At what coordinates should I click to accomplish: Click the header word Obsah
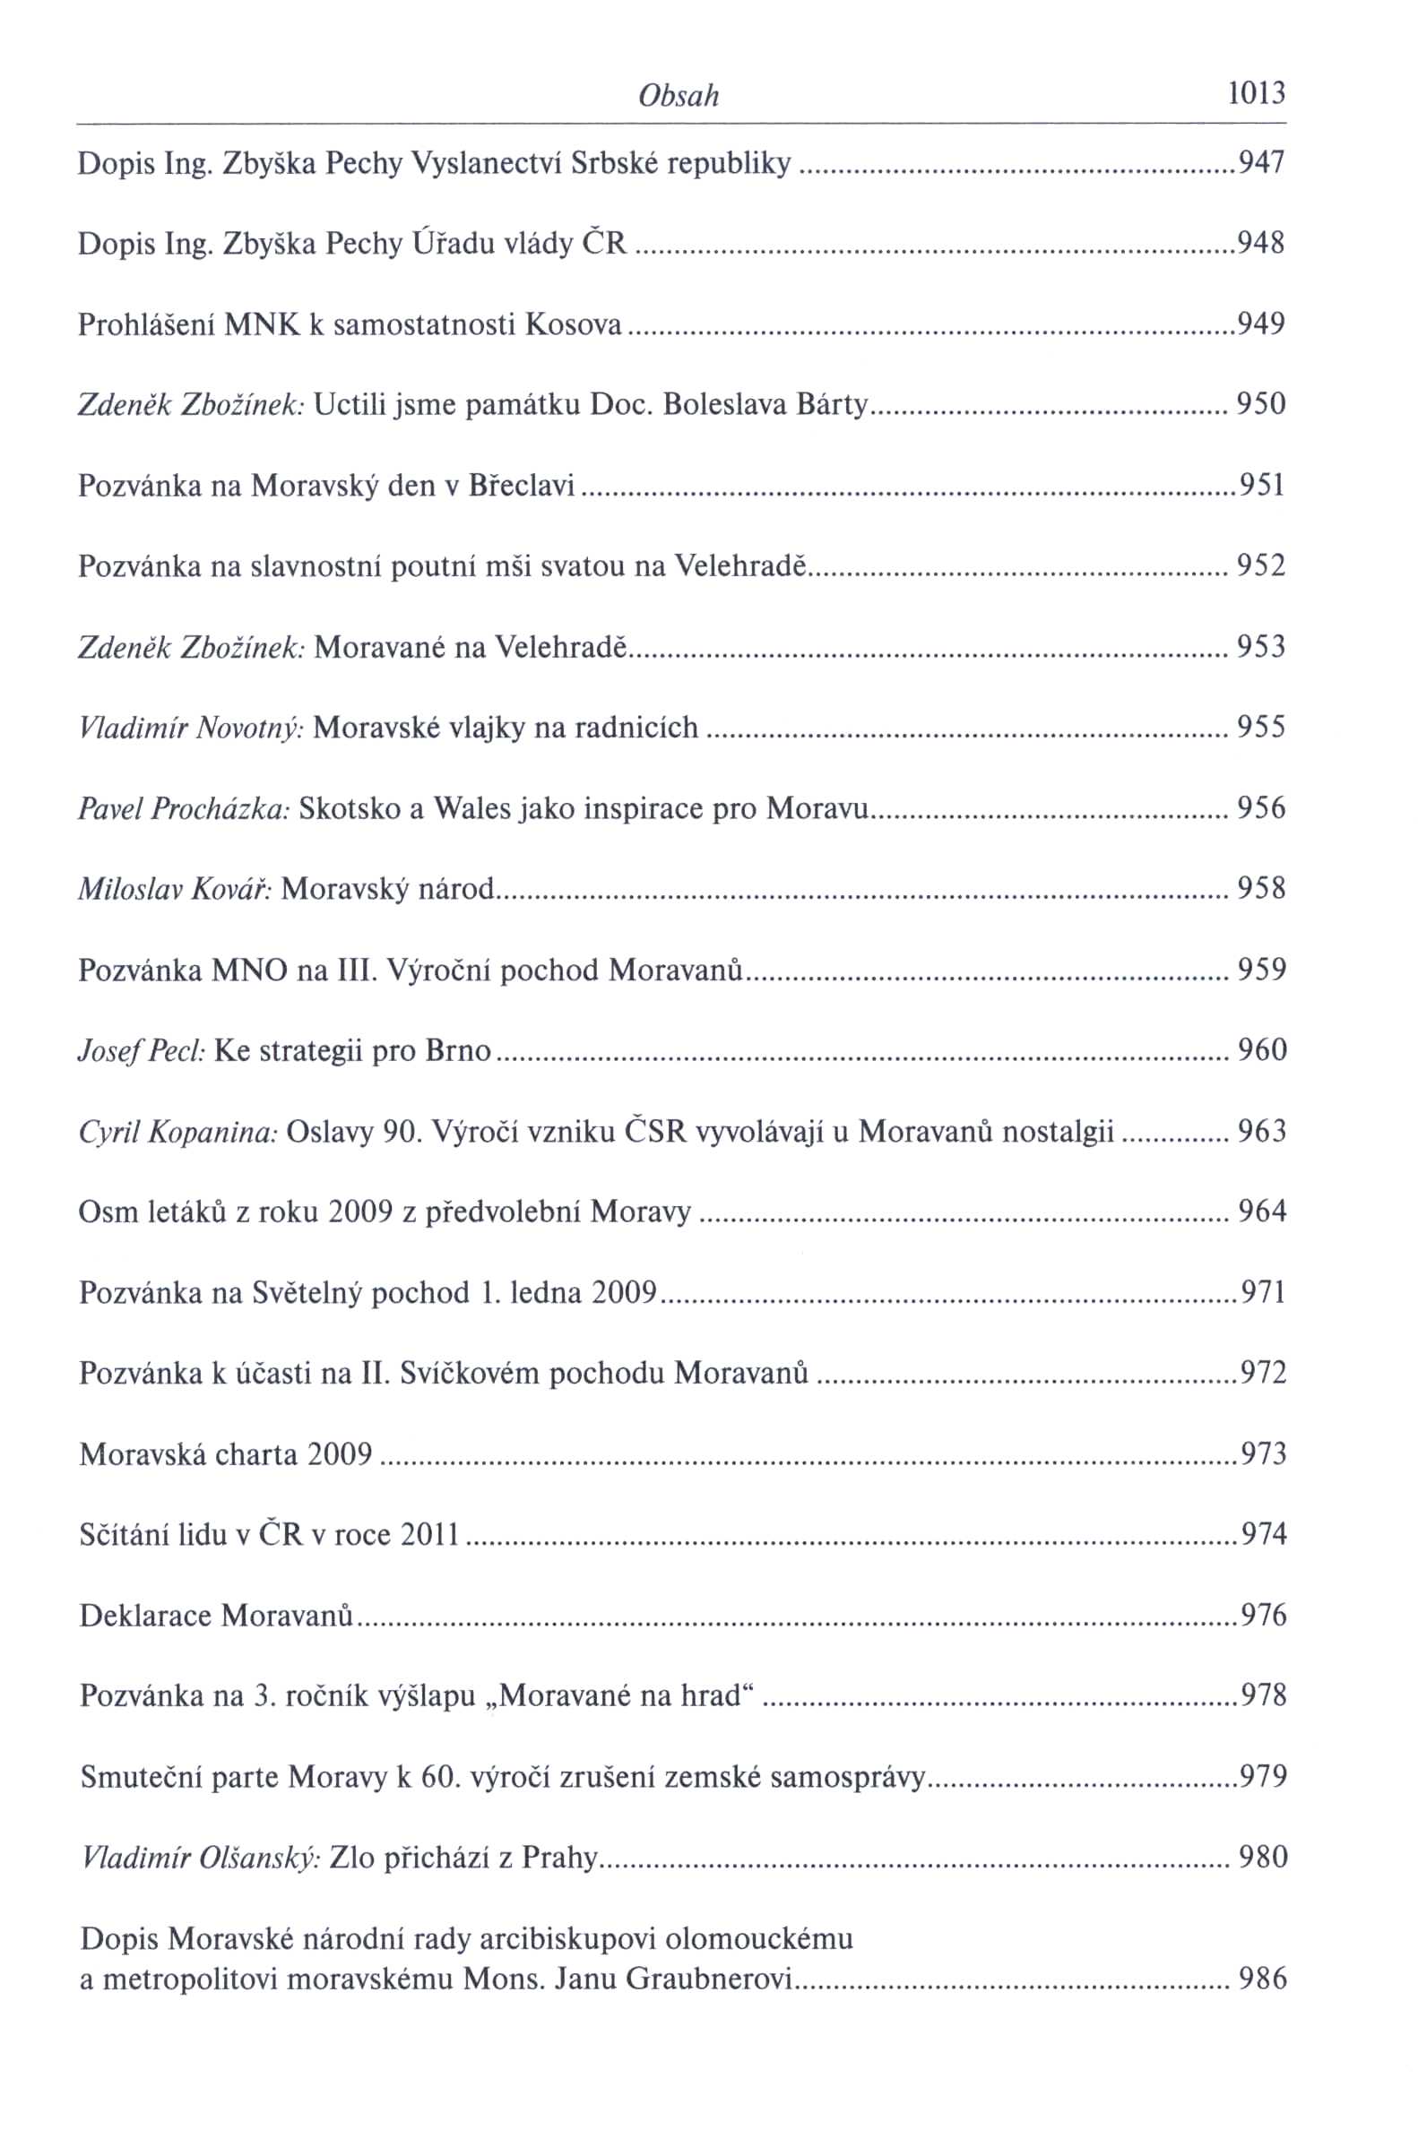point(679,95)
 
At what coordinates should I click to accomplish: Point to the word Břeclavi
point(522,487)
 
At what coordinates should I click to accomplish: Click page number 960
point(1261,1050)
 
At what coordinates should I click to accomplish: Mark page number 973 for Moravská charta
point(1263,1454)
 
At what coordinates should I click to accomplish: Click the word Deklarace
point(145,1616)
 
